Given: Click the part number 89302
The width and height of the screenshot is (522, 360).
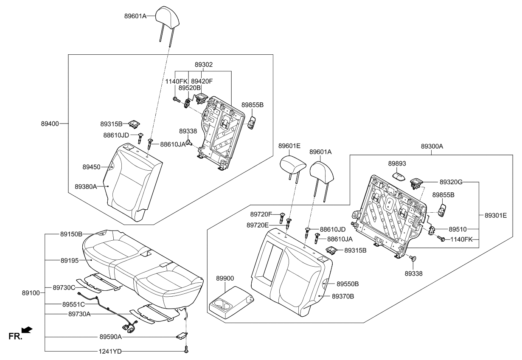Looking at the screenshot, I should click(204, 65).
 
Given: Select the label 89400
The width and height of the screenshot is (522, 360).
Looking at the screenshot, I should click(50, 124).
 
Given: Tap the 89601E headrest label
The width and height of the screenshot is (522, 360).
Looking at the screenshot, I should click(289, 146).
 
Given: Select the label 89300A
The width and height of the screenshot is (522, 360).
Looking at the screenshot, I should click(432, 146).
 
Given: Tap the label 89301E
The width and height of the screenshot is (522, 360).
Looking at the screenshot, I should click(496, 216).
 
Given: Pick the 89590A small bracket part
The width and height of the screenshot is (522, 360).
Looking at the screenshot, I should click(182, 335).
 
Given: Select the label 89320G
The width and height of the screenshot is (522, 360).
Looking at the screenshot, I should click(452, 182).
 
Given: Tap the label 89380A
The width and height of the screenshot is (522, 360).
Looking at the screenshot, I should click(86, 186).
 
